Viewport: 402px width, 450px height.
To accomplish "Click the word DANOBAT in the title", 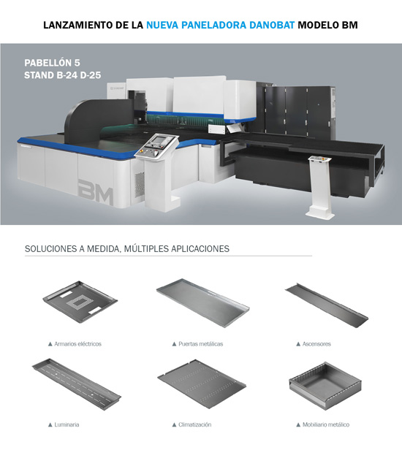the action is point(272,25).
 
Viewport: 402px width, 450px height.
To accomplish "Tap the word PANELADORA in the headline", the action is point(213,25).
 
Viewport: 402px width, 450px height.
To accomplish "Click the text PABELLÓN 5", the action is point(52,63).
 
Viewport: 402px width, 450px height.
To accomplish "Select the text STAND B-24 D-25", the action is point(63,75).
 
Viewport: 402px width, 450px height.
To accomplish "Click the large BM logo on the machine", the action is point(96,192).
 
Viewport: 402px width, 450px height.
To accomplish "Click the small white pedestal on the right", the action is point(320,187).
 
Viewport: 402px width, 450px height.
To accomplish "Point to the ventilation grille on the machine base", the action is point(140,185).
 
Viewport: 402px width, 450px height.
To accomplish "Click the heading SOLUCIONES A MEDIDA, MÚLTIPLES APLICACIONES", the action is point(127,248).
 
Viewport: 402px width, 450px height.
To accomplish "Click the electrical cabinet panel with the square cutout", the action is point(80,301).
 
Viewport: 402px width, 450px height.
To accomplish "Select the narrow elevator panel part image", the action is point(327,305).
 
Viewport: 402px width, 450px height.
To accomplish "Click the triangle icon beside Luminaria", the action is point(50,424).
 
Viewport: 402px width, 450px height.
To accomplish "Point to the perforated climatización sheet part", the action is point(202,380).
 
